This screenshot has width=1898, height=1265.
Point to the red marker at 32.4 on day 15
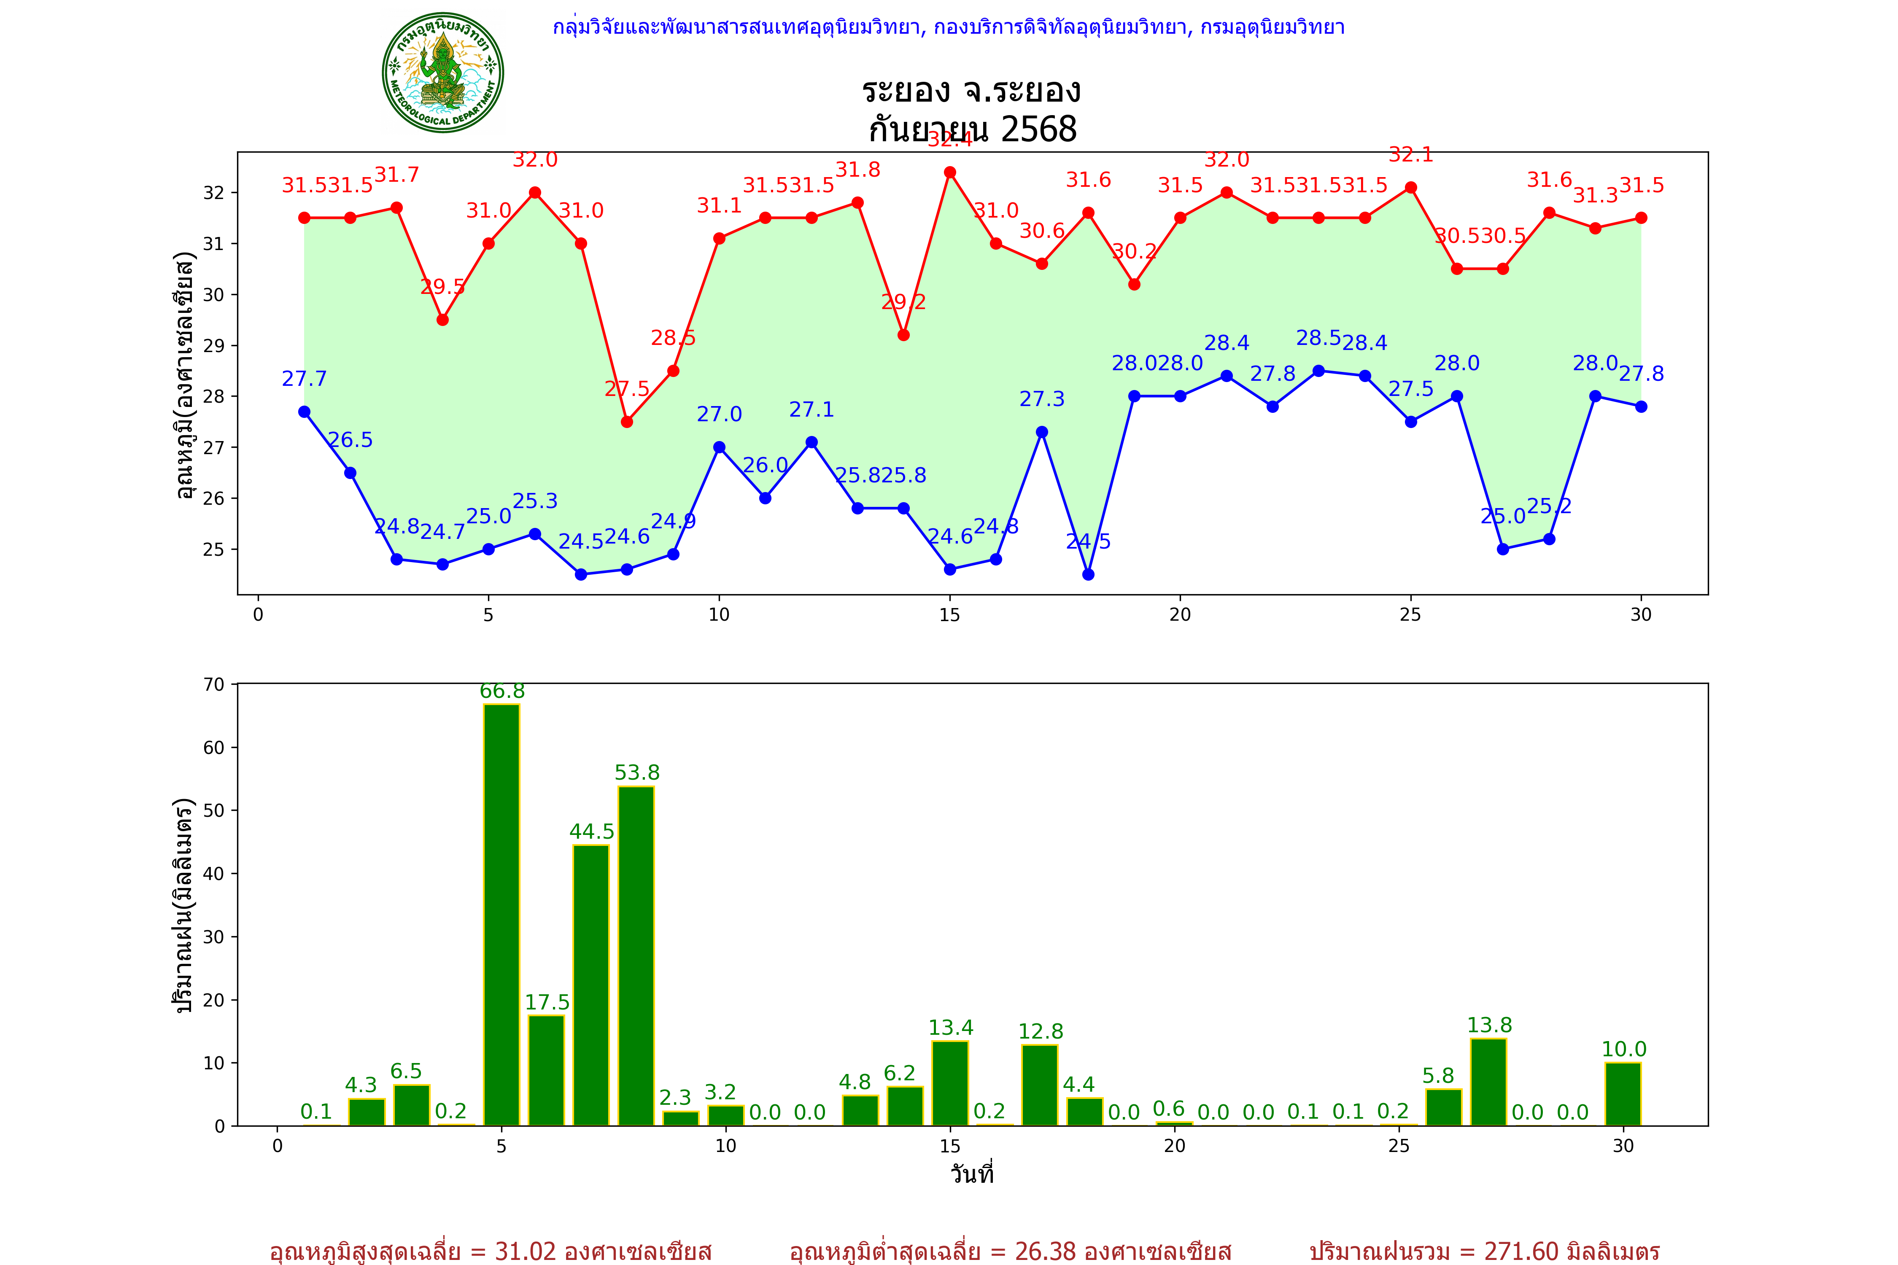[x=950, y=172]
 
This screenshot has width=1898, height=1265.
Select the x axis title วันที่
[x=972, y=1174]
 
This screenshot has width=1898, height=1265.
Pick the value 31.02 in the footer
[x=526, y=1251]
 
